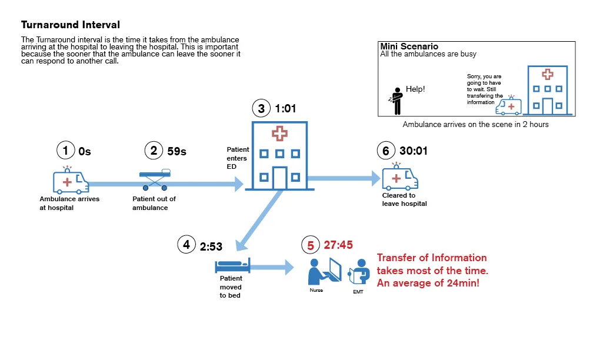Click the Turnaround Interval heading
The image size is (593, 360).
click(71, 25)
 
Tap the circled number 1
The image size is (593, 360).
click(65, 151)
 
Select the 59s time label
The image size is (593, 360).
click(176, 151)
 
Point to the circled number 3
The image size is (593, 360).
click(261, 108)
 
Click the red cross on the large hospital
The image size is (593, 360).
click(279, 134)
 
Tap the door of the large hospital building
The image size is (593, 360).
click(279, 178)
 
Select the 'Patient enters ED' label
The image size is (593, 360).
click(238, 158)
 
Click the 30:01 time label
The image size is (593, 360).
click(414, 151)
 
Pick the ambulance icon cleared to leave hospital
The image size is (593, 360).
click(400, 176)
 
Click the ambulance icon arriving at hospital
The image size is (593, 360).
click(71, 180)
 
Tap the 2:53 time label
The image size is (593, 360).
click(211, 246)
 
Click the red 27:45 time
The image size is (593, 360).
click(338, 245)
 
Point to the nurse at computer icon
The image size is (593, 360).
click(325, 272)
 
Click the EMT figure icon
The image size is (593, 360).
click(359, 272)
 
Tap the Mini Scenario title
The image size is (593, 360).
click(409, 46)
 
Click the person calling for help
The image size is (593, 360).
click(396, 101)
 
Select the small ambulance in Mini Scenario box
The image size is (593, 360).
click(508, 105)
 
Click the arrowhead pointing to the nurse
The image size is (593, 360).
click(289, 267)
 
